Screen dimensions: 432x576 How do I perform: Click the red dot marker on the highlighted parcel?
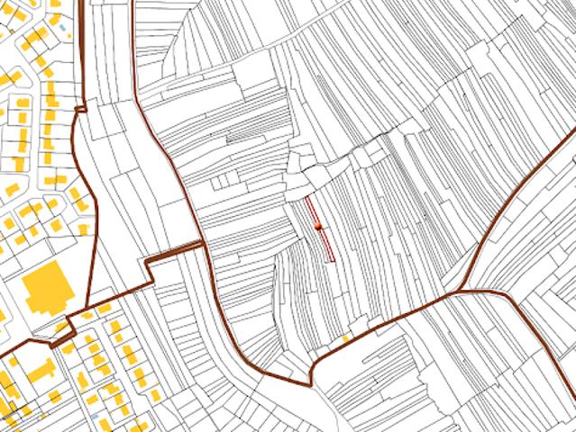pos(318,227)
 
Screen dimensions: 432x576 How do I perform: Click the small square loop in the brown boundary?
pos(79,109)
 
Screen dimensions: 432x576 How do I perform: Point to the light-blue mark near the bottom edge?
pos(95,419)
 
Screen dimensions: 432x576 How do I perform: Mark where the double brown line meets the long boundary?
pos(202,243)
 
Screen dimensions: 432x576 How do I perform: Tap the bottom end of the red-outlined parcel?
pos(331,261)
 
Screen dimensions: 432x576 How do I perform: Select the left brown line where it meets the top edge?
pos(82,2)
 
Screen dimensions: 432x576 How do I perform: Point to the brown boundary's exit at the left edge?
pos(2,352)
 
